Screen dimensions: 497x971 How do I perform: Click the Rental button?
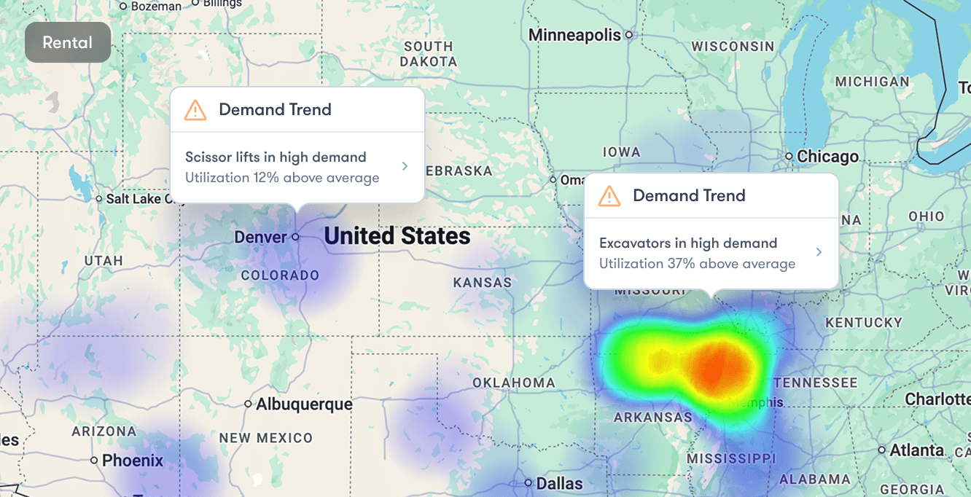pyautogui.click(x=67, y=42)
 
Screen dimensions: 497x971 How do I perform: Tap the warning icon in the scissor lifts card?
pyautogui.click(x=195, y=110)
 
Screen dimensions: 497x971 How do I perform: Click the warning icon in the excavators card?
pyautogui.click(x=609, y=196)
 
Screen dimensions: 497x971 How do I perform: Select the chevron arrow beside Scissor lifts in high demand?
pyautogui.click(x=405, y=167)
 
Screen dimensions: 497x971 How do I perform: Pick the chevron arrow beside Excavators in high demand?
pyautogui.click(x=819, y=252)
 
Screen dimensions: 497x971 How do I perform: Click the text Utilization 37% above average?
pyautogui.click(x=697, y=264)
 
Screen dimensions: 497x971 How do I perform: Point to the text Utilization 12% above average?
pyautogui.click(x=282, y=178)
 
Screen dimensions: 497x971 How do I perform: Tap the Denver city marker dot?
pyautogui.click(x=295, y=237)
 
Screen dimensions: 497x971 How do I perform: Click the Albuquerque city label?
pyautogui.click(x=304, y=404)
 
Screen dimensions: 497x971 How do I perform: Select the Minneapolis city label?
pyautogui.click(x=574, y=35)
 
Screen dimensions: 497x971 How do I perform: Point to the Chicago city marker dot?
pyautogui.click(x=789, y=156)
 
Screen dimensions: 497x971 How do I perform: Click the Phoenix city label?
pyautogui.click(x=133, y=461)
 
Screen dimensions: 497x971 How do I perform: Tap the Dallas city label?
pyautogui.click(x=559, y=483)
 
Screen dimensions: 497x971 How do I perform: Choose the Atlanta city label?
pyautogui.click(x=917, y=450)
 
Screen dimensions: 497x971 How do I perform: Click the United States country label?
pyautogui.click(x=397, y=236)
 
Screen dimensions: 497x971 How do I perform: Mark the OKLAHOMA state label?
pyautogui.click(x=514, y=383)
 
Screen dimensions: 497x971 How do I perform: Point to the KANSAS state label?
pyautogui.click(x=483, y=283)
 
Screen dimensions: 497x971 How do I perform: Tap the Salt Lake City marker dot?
pyautogui.click(x=99, y=198)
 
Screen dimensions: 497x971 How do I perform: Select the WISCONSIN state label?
pyautogui.click(x=733, y=47)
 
